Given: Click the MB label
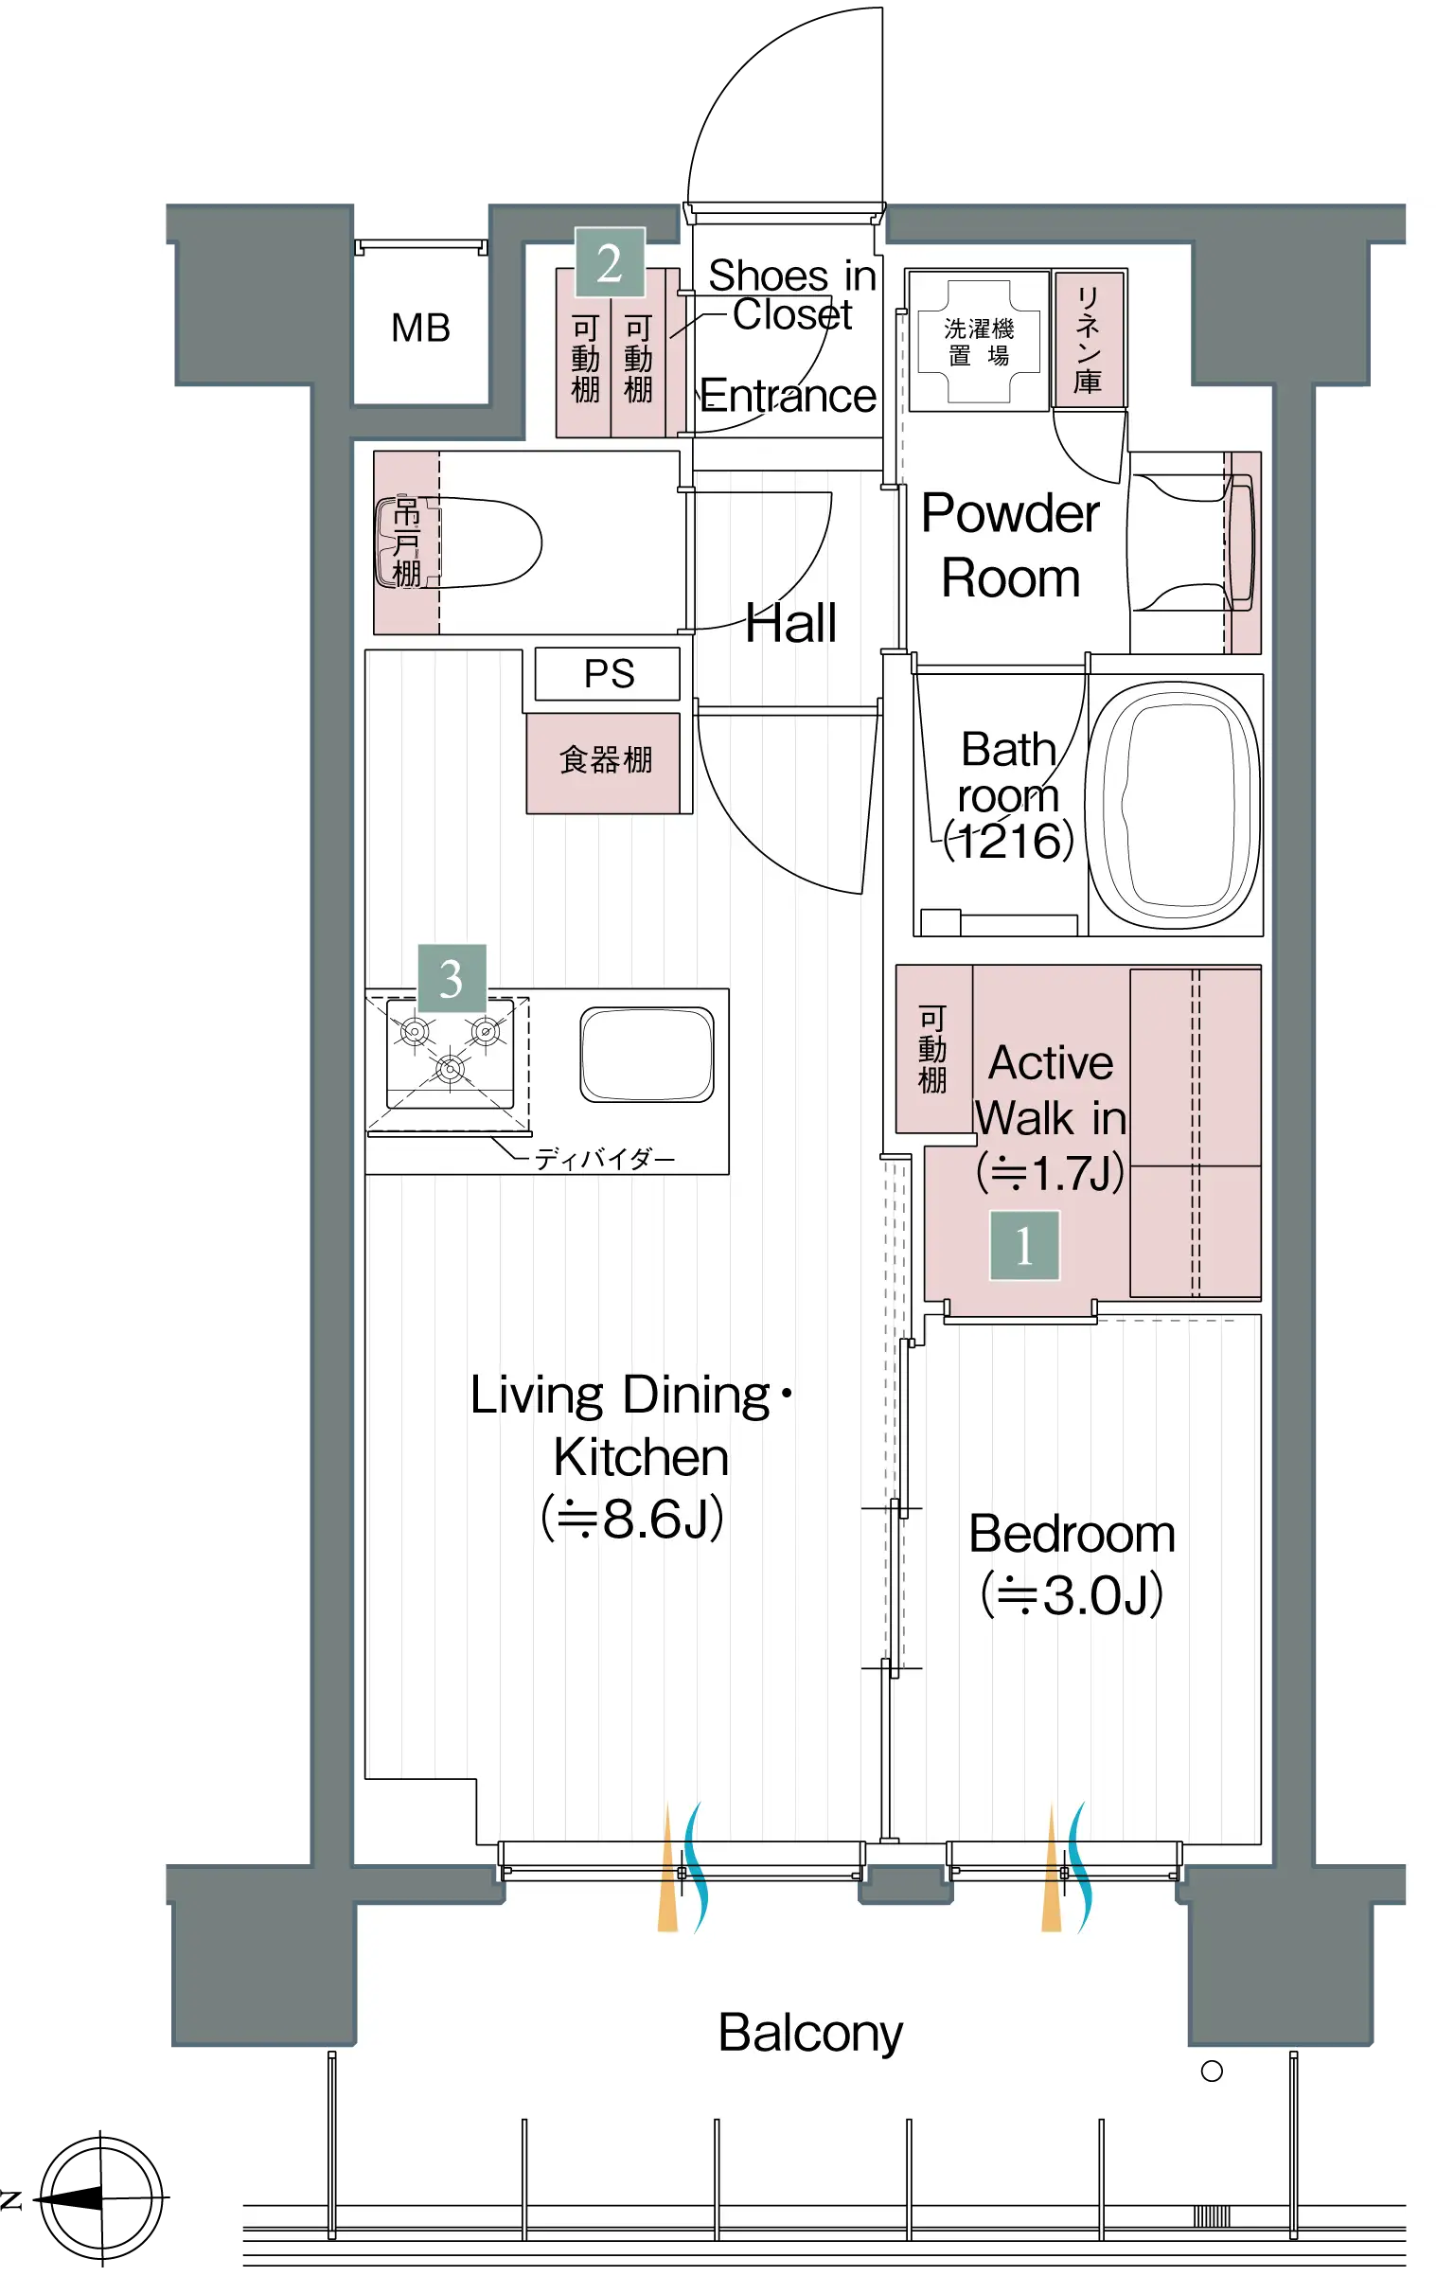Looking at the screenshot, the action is (x=420, y=329).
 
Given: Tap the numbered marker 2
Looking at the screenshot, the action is (x=610, y=263).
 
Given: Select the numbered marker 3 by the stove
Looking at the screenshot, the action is (x=452, y=978).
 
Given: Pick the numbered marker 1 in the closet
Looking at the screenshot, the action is (x=1025, y=1245).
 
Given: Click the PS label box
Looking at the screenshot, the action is (x=608, y=673).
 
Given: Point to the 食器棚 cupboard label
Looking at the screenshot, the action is (x=606, y=760).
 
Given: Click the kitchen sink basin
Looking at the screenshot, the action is (x=647, y=1055).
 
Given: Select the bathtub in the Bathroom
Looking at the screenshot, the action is (x=1174, y=806).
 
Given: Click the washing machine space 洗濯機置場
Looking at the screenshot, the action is (x=979, y=342).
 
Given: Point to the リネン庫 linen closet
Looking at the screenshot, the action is (x=1090, y=339).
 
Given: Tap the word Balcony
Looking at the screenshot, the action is (x=810, y=2034).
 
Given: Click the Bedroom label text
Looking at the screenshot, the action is (x=1073, y=1534).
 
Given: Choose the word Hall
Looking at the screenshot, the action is (x=791, y=623).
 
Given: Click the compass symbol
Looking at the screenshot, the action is (x=100, y=2198).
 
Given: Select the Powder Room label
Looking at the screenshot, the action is (x=1012, y=546).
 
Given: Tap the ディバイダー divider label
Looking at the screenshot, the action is (x=605, y=1159).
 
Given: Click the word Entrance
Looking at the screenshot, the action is (x=789, y=396).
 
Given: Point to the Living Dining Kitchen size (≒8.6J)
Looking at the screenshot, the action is (x=632, y=1518).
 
